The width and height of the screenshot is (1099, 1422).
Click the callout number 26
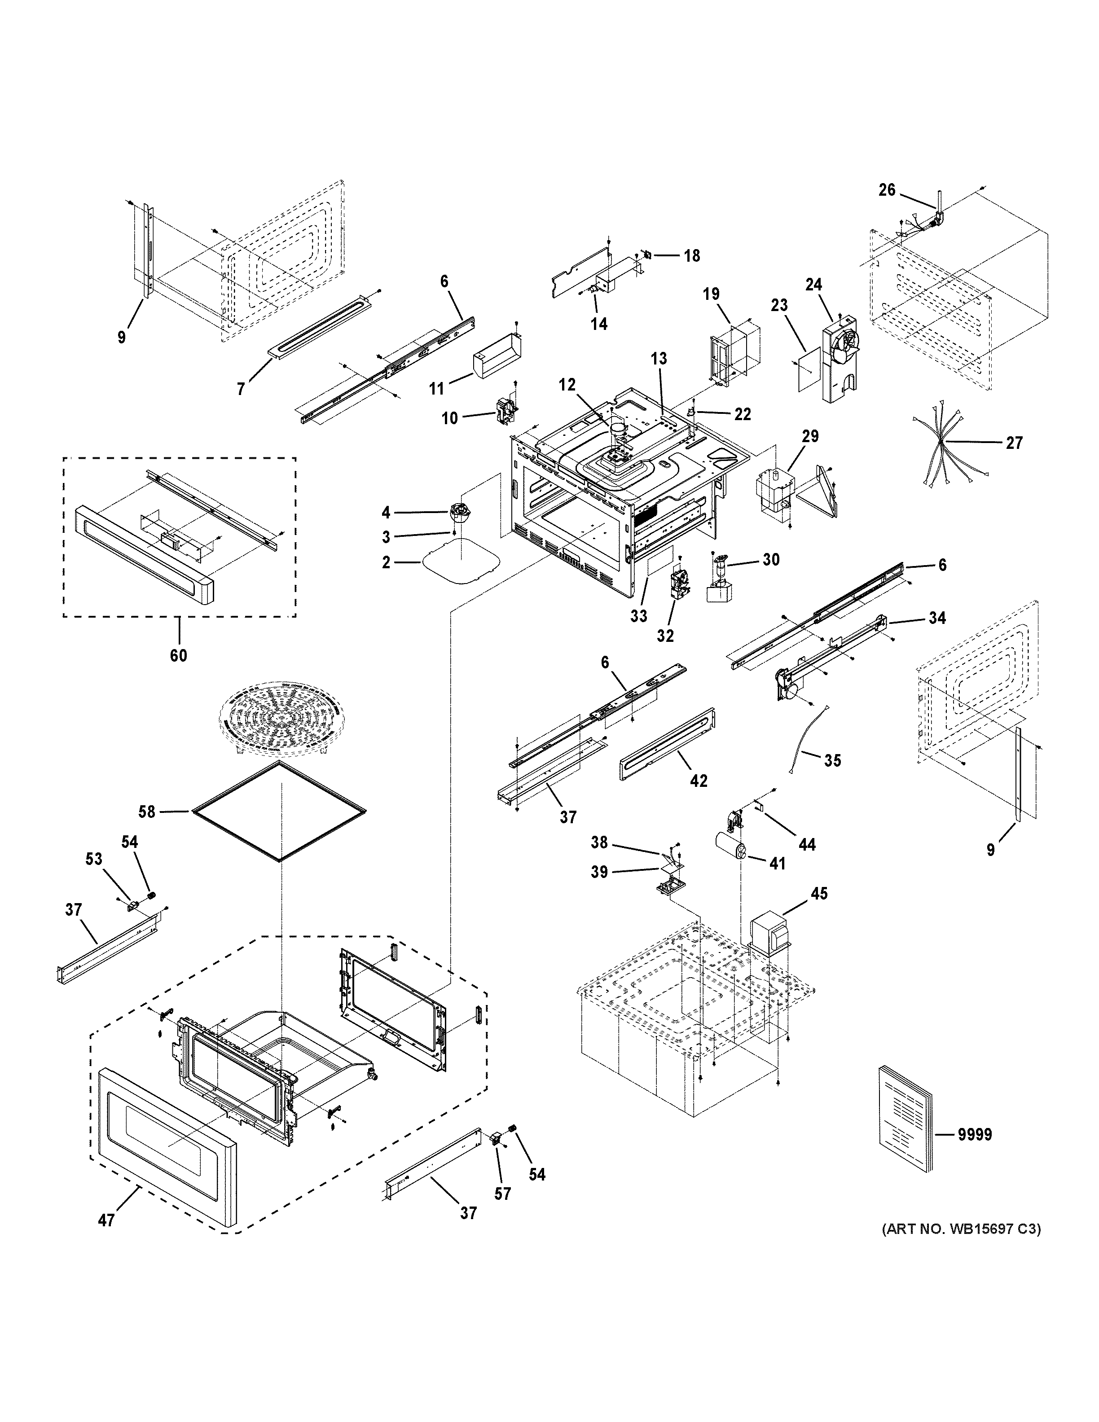(x=887, y=190)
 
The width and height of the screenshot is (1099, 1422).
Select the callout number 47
(x=107, y=1220)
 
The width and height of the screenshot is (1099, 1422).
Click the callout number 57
(x=502, y=1194)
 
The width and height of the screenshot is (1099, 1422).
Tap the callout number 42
(x=698, y=781)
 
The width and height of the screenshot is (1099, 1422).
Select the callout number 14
(x=599, y=324)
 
